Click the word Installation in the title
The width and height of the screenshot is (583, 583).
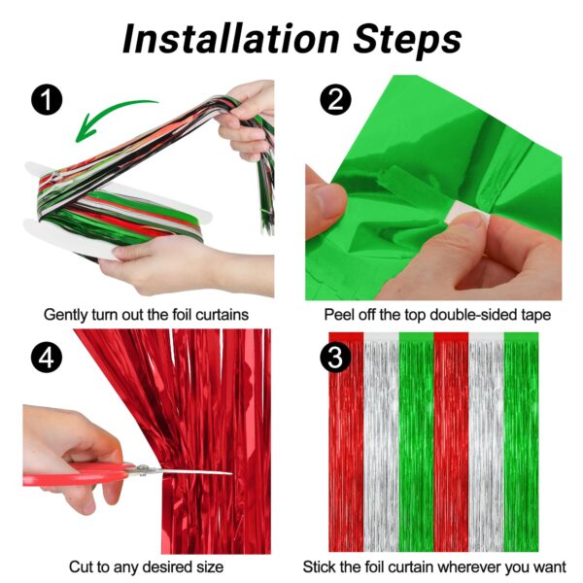tap(230, 39)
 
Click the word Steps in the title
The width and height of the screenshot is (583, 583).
tap(407, 41)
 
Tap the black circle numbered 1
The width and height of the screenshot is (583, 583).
tap(47, 100)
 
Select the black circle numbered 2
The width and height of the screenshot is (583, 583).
tap(335, 99)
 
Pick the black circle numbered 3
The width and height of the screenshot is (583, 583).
tap(335, 357)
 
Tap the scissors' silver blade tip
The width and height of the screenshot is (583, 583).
tap(232, 473)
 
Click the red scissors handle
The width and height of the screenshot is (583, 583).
tap(75, 475)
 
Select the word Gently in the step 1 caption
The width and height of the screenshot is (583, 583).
tap(66, 315)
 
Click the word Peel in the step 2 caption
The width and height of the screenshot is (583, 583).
tap(339, 315)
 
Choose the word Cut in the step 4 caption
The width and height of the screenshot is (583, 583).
tap(81, 567)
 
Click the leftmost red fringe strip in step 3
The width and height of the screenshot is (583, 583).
tap(346, 442)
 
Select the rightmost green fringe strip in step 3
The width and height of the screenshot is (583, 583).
tap(521, 442)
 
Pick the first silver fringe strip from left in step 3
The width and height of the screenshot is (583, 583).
tap(381, 442)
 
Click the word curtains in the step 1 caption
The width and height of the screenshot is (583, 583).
tap(223, 315)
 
